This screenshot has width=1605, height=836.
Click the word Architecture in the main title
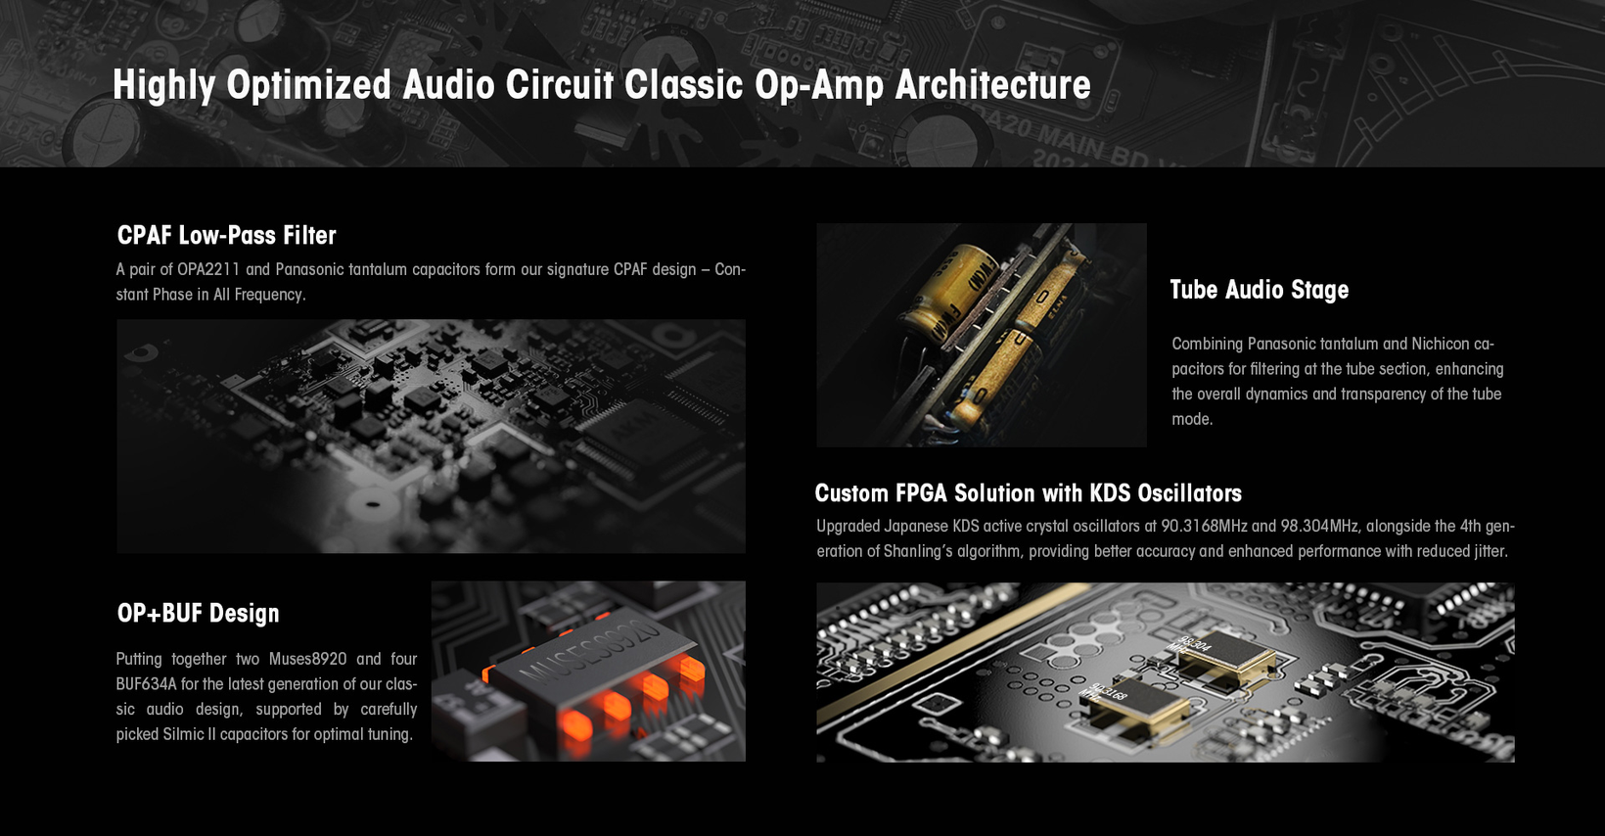(x=993, y=84)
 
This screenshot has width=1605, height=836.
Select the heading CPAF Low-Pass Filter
(x=226, y=235)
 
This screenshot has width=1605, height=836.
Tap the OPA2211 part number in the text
(x=208, y=269)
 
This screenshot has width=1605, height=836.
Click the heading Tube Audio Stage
(x=1259, y=290)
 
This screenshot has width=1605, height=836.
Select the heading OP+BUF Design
(x=198, y=613)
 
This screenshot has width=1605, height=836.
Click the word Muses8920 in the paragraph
(x=307, y=659)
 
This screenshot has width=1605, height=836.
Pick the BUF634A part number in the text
(x=146, y=684)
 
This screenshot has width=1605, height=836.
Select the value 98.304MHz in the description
(x=1319, y=527)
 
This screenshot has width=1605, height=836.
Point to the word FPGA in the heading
(x=922, y=493)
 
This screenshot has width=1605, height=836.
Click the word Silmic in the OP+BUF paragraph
(x=183, y=734)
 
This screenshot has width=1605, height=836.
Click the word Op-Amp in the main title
(x=819, y=86)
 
